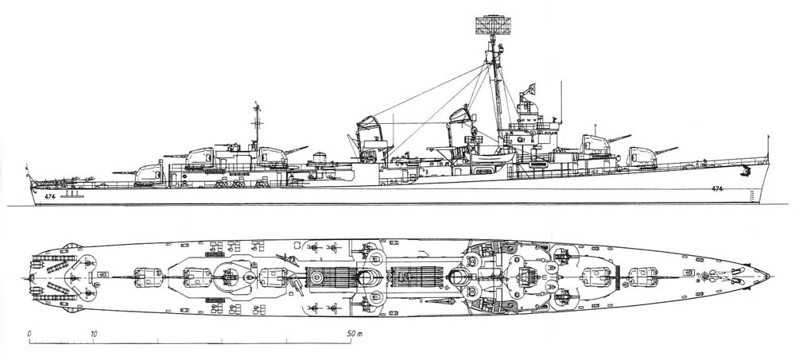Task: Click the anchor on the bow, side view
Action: tap(746, 171)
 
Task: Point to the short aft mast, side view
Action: tap(256, 123)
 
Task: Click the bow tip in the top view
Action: tap(769, 276)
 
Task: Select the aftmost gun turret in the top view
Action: tap(145, 276)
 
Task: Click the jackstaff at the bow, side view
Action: tap(767, 149)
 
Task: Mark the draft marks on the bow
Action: tap(750, 195)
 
